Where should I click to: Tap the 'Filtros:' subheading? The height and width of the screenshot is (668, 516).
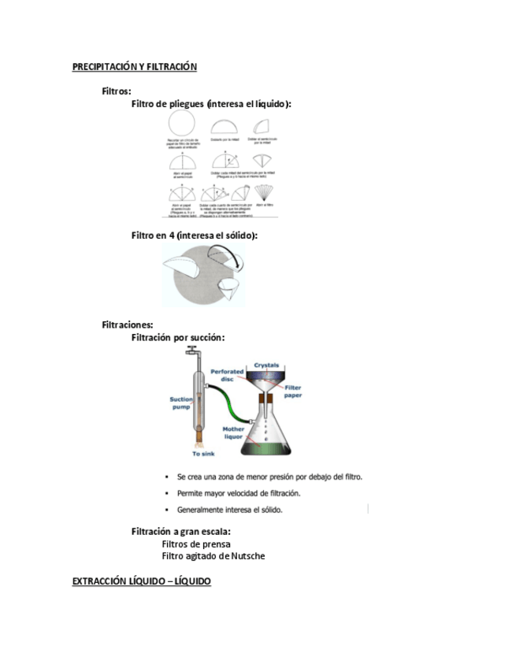click(x=117, y=91)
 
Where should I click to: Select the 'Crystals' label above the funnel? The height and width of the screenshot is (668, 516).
click(x=268, y=366)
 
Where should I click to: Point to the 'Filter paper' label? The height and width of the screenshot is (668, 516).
click(x=293, y=392)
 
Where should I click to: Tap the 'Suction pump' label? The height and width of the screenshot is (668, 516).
click(x=181, y=403)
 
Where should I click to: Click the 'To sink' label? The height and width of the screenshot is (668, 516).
click(x=206, y=454)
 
